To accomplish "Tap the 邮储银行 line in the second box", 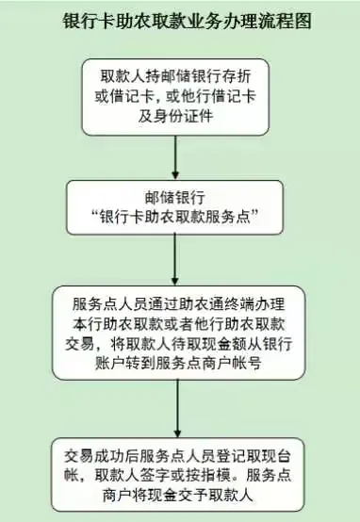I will [x=177, y=200].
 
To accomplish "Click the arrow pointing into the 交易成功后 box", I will [x=177, y=409].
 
